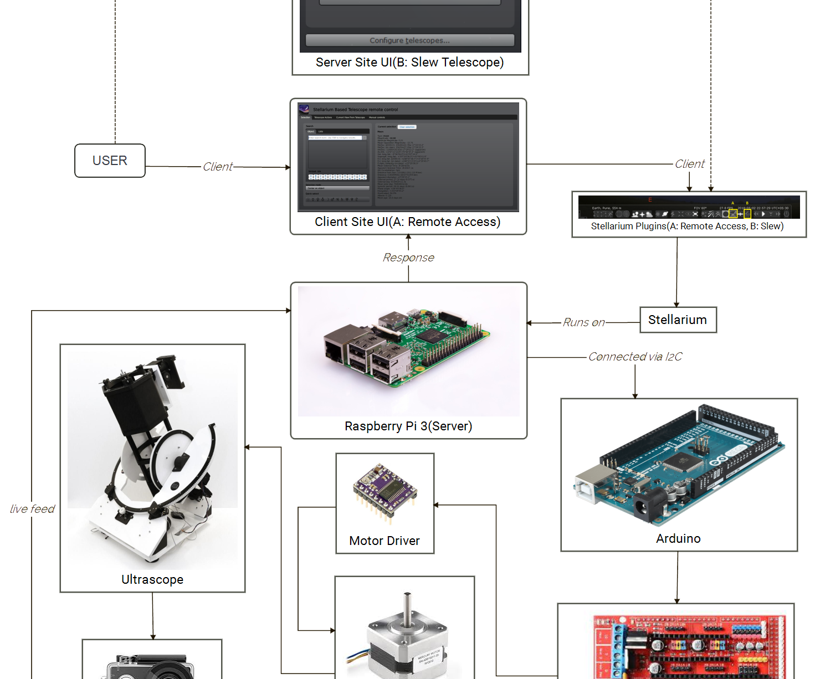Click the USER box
coord(110,161)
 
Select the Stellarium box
coord(678,320)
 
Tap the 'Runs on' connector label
coord(583,322)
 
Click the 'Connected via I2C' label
coord(635,357)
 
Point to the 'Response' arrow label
coord(408,258)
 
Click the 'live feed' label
coord(32,509)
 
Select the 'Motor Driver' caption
coord(385,541)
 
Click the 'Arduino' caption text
coord(678,539)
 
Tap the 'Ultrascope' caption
coord(152,580)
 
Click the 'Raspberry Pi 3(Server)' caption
coord(408,426)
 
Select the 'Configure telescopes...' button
coord(409,40)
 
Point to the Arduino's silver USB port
coord(596,482)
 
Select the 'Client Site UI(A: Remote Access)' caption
coord(407,222)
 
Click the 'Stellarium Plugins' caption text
coord(687,227)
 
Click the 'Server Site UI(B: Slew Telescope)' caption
coord(409,63)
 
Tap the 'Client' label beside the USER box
coord(218,167)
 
